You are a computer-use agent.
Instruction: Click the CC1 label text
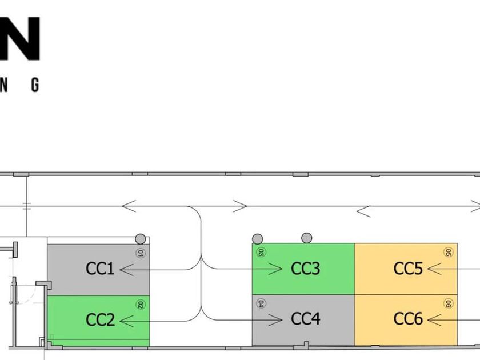click(101, 269)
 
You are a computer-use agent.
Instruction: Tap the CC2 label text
click(101, 319)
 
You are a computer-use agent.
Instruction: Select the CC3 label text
click(305, 269)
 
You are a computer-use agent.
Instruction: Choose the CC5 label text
click(408, 269)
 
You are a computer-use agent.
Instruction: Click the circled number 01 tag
click(139, 252)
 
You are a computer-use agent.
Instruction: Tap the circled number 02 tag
click(139, 304)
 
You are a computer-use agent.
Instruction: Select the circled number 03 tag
click(261, 252)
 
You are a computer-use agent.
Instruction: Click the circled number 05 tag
click(448, 252)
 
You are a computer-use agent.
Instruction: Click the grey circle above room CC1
click(139, 238)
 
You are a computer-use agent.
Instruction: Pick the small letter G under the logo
click(35, 85)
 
